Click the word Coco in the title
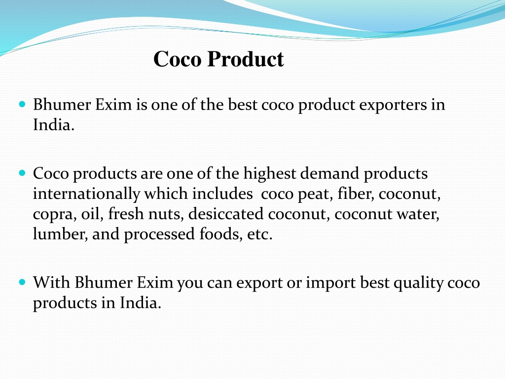click(x=178, y=59)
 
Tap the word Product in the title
click(x=245, y=59)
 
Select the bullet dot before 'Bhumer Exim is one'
click(x=21, y=105)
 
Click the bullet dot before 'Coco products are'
click(x=21, y=174)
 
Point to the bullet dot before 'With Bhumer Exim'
click(x=21, y=283)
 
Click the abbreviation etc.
click(x=258, y=234)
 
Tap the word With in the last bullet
click(x=51, y=283)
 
